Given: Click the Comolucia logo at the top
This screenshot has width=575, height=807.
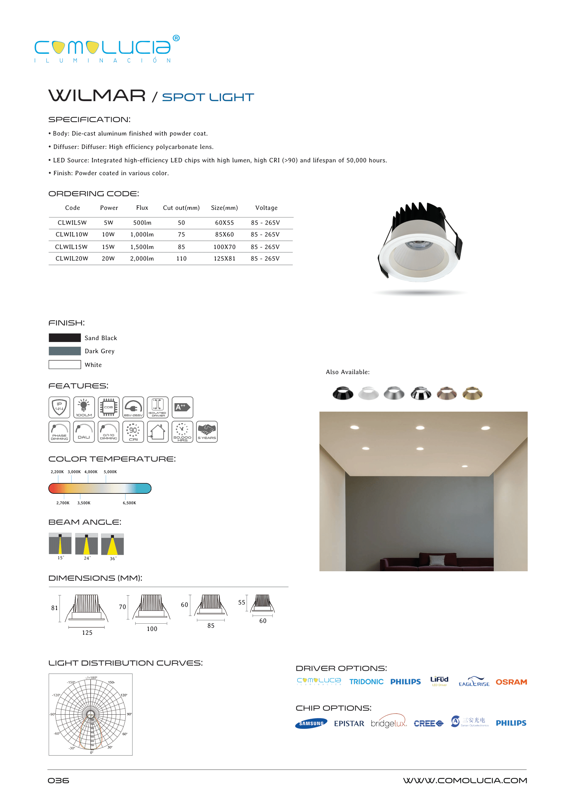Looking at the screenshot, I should (106, 49).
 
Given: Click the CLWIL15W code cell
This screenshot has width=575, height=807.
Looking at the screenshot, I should (71, 247).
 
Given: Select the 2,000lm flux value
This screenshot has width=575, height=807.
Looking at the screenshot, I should (142, 259).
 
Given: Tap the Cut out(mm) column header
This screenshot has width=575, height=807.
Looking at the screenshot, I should (181, 208).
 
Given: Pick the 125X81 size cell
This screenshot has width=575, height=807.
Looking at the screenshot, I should (224, 259).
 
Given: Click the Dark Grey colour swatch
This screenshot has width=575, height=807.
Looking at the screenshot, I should (65, 351).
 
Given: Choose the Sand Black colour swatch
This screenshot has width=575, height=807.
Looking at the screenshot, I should (65, 338).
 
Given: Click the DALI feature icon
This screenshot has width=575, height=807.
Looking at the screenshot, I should (84, 432).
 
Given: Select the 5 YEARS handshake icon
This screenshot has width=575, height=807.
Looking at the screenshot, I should (207, 432).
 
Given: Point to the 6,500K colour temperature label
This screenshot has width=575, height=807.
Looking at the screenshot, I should (129, 503).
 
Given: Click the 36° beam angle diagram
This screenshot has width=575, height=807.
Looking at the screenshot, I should (112, 545).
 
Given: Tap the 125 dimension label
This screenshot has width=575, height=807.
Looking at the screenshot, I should (87, 633).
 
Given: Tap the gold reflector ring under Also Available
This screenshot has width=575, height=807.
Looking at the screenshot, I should (472, 393).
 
